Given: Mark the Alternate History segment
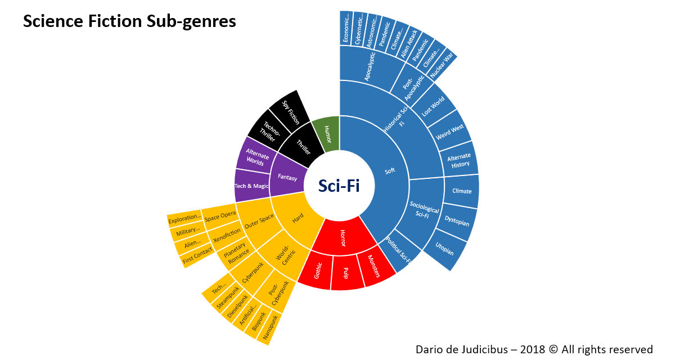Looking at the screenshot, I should [458, 160].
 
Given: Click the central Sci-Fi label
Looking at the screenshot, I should [339, 186].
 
